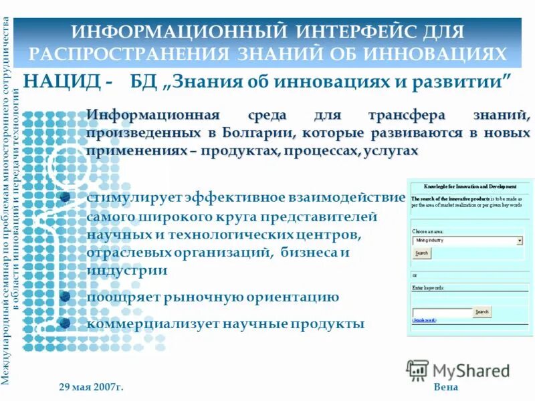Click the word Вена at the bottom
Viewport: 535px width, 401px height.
(446, 388)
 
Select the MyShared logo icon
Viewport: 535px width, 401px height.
(418, 370)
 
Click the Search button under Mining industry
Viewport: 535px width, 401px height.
(421, 253)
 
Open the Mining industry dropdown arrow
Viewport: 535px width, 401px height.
(520, 241)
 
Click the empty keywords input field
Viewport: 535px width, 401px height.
(441, 312)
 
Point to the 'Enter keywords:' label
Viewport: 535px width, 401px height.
(429, 287)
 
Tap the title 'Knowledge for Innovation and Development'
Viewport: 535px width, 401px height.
(470, 186)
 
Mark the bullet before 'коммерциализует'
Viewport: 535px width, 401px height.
(65, 323)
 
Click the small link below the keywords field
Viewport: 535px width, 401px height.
(424, 321)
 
